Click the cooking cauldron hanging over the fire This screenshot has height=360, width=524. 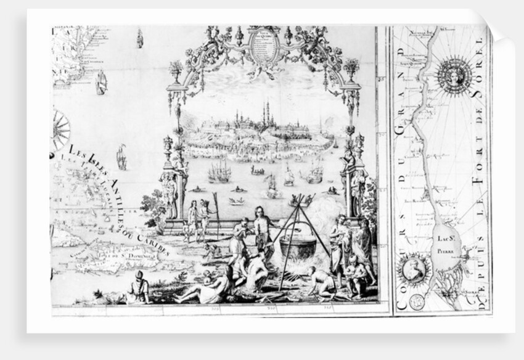298,247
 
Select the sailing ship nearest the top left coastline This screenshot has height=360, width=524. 101,82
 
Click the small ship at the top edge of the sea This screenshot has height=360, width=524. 140,38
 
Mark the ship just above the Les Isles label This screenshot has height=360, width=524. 121,157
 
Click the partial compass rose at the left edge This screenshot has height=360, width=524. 60,130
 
